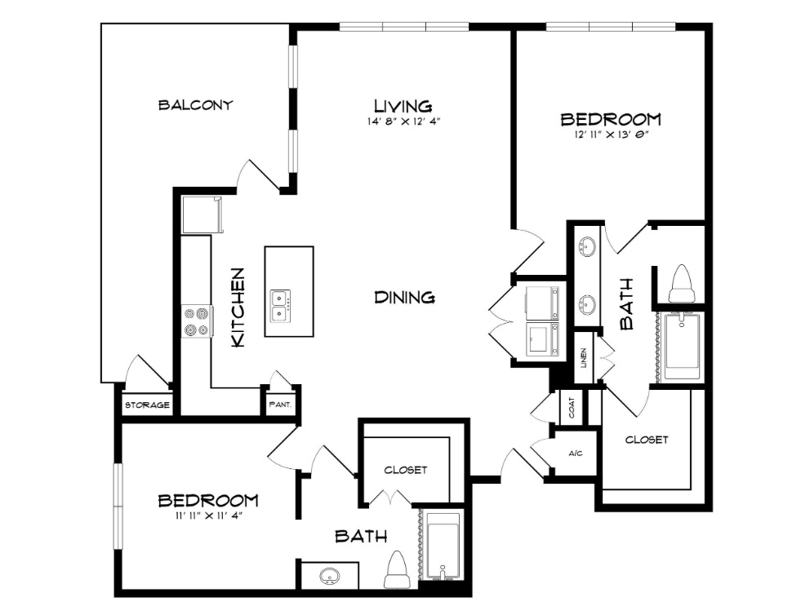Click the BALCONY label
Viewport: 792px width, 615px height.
pos(195,105)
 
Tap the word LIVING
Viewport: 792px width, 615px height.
pos(403,106)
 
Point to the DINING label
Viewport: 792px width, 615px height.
pos(405,297)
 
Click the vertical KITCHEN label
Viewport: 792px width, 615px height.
pos(238,307)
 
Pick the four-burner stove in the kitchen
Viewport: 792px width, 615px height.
pos(197,322)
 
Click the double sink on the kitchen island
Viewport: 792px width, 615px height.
pos(280,306)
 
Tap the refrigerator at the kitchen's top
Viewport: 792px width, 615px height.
pos(202,215)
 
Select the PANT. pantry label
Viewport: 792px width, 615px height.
pos(280,405)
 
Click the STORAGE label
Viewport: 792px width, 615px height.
pos(147,405)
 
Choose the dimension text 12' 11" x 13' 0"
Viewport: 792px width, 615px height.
pos(611,135)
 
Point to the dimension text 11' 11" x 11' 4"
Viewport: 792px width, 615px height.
pos(208,515)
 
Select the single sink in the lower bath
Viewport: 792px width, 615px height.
pos(330,576)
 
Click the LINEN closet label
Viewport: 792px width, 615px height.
pos(584,357)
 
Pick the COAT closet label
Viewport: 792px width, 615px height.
pos(572,408)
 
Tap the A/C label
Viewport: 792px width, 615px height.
pos(576,454)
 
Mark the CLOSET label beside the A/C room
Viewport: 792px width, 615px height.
pos(647,440)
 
